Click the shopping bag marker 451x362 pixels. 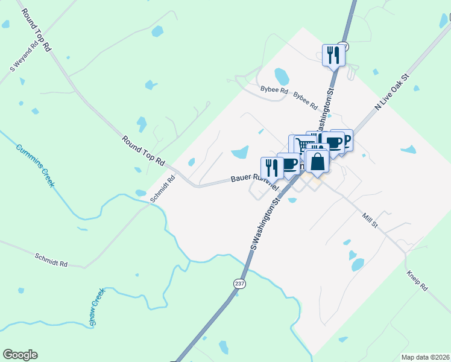click(317, 162)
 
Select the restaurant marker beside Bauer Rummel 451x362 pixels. click(272, 168)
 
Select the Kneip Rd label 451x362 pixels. click(416, 280)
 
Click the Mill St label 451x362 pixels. click(370, 220)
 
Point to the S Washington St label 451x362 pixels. click(266, 221)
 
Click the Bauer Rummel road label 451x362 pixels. click(251, 179)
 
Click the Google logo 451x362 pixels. click(20, 355)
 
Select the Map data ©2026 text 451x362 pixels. click(424, 357)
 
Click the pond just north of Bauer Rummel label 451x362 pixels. click(240, 153)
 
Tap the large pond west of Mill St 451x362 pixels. click(358, 264)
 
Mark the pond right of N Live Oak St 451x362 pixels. click(408, 150)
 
